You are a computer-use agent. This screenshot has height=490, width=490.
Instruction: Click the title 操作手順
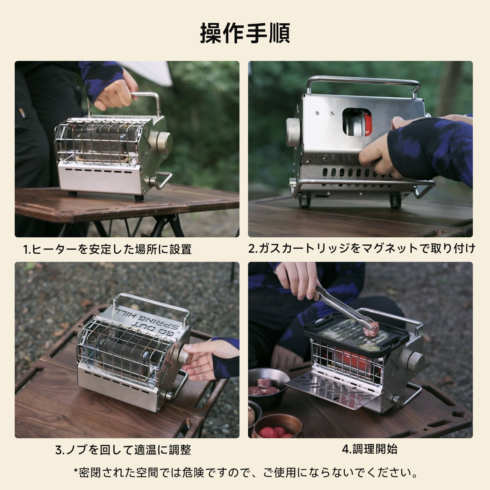pyautogui.click(x=245, y=33)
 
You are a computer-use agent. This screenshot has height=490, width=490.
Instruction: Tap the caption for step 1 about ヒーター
pyautogui.click(x=107, y=249)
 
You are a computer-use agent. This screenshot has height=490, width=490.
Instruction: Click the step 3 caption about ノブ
pyautogui.click(x=123, y=450)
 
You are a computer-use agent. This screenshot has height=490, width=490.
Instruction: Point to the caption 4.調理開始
pyautogui.click(x=369, y=449)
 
